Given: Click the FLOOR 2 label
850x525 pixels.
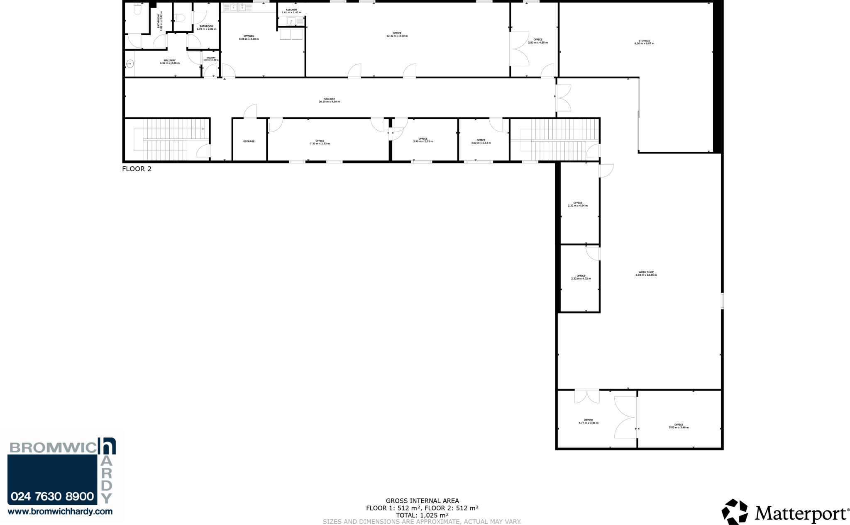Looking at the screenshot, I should [x=137, y=169].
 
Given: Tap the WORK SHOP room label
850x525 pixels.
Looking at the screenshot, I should [x=646, y=274].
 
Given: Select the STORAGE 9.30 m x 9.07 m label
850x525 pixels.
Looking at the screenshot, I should [x=644, y=42].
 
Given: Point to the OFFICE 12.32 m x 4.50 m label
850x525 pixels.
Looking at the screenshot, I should [x=397, y=35].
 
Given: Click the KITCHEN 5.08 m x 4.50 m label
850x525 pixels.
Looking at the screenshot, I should [x=249, y=38].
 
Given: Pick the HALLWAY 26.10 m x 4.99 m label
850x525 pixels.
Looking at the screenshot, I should [x=329, y=100].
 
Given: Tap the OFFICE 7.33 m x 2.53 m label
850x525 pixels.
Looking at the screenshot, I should [x=320, y=142].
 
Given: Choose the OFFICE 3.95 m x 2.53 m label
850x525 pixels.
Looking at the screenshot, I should [x=423, y=140].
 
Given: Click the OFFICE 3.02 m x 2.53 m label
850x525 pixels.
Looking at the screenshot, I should [x=481, y=142].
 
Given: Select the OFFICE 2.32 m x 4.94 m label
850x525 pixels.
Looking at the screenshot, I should [x=577, y=204].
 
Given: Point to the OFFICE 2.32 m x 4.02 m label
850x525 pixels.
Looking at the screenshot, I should [x=581, y=277].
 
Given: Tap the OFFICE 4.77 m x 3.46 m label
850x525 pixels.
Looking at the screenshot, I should [x=588, y=422].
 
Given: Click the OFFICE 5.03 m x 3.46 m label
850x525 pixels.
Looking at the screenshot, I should [x=678, y=426].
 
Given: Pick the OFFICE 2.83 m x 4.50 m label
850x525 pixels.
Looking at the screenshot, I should [x=537, y=41].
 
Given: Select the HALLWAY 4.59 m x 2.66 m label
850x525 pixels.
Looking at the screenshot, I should [x=169, y=62].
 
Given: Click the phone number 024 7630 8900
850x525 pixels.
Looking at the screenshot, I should [x=52, y=496].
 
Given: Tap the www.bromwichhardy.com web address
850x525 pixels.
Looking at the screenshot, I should [x=60, y=512].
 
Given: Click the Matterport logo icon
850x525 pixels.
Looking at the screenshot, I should [x=735, y=512].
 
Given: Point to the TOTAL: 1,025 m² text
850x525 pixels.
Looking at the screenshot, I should [x=422, y=515].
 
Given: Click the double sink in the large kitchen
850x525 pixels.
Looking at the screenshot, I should [x=237, y=7].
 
